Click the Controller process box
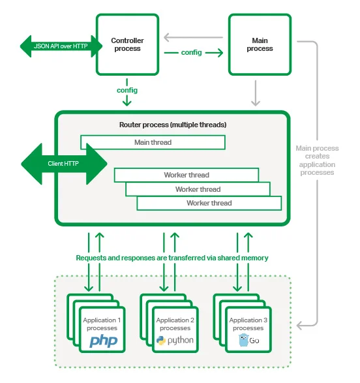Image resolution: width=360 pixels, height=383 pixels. point(127,44)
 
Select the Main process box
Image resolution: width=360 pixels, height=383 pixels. point(260,44)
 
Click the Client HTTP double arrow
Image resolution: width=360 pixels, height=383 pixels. point(64,164)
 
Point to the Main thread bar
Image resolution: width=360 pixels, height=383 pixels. point(153,142)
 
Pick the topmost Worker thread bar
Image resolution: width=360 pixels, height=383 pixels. point(186,175)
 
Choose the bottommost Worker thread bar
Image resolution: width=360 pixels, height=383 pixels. point(209,203)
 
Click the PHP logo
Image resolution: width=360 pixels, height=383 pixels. point(103,341)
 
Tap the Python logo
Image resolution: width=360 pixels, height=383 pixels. point(175,341)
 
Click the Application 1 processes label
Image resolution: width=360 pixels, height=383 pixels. point(102,324)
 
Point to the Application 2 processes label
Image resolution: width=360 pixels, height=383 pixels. point(175,324)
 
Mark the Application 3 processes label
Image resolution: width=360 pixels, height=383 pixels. point(248,324)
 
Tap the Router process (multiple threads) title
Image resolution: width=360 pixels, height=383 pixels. point(173,124)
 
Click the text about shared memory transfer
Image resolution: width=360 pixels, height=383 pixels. point(172,258)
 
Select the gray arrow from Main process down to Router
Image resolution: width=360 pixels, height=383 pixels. point(256,92)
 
